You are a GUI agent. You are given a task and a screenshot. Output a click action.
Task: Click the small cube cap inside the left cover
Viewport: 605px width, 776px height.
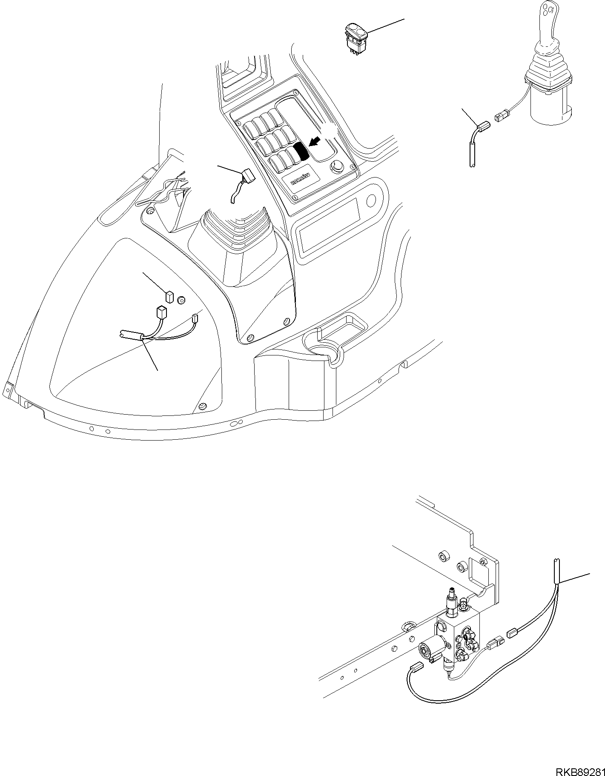[169, 295]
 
